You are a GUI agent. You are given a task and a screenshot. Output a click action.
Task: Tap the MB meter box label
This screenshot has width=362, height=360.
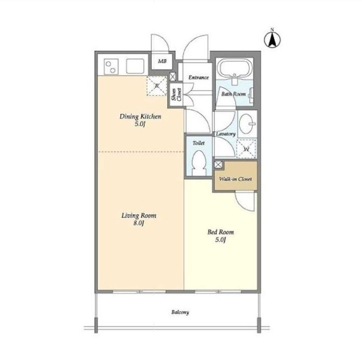[162, 61]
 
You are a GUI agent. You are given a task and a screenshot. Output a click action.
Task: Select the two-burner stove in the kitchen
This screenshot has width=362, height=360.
[111, 67]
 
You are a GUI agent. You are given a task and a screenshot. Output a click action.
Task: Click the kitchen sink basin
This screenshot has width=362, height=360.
[135, 67]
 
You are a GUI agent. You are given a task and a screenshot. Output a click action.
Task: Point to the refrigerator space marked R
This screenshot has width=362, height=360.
[157, 86]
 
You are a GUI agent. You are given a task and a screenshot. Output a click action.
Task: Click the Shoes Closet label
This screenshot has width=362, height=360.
[176, 94]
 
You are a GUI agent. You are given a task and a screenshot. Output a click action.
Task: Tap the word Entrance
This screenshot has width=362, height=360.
[199, 78]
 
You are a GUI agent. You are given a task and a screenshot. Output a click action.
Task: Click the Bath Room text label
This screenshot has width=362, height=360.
[234, 94]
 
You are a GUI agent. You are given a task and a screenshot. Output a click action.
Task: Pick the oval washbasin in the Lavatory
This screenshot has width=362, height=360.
[246, 124]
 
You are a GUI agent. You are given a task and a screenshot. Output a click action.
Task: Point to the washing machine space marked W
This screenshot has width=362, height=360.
[247, 149]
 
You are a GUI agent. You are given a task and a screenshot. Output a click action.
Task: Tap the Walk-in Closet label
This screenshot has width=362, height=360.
[235, 179]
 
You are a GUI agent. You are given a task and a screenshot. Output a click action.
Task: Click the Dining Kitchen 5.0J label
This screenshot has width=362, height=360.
[140, 120]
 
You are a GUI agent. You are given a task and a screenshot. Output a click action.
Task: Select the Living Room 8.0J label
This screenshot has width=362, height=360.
[139, 219]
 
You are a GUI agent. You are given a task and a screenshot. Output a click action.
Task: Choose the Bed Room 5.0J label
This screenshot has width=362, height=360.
[221, 236]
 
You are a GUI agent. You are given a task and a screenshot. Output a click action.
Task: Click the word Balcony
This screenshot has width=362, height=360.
[180, 312]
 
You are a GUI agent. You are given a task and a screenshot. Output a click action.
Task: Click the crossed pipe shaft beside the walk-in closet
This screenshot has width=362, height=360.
[218, 165]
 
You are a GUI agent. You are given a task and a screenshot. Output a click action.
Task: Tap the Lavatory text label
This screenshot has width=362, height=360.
[225, 134]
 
